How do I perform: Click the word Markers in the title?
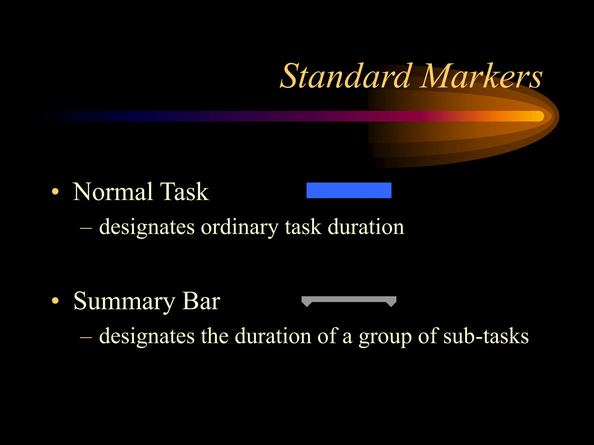coord(481,77)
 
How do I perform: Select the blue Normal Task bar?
coord(349,190)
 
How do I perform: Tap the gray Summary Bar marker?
coord(349,299)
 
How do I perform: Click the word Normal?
coord(113,192)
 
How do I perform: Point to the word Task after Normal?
coord(184,192)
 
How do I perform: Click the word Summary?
coord(124,302)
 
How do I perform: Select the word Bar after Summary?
coord(201,302)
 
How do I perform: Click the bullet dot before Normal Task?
coord(55,192)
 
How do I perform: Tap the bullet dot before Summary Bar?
coord(55,301)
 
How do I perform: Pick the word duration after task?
coord(366,227)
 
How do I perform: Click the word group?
coord(385,337)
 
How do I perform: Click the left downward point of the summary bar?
coord(306,304)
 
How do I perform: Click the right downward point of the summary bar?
coord(391,304)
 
